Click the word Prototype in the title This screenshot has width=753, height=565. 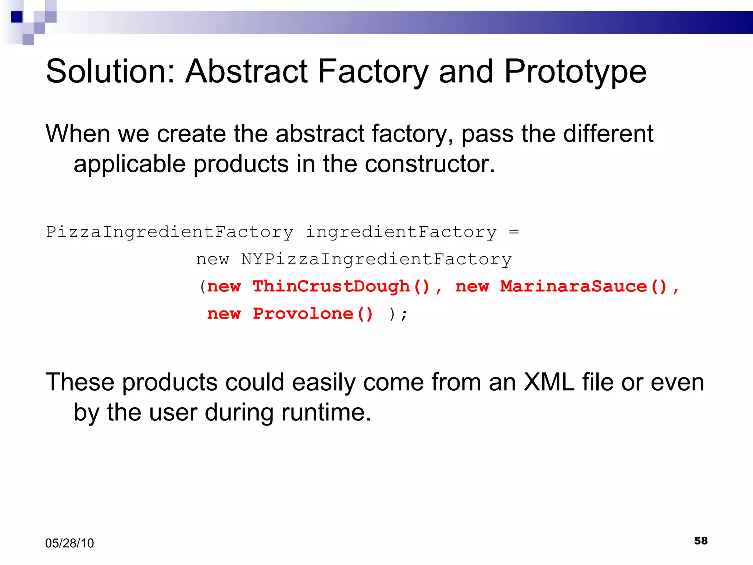575,72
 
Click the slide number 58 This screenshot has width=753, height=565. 701,540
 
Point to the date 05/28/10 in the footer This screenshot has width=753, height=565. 69,543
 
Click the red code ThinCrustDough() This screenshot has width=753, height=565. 341,286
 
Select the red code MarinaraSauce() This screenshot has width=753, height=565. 583,286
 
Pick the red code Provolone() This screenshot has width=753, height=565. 313,313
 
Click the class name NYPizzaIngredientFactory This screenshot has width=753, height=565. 376,259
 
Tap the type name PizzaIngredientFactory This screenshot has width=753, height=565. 169,232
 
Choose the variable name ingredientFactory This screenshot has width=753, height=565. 401,232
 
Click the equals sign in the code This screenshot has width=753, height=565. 514,232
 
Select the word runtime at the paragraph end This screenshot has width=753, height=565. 326,412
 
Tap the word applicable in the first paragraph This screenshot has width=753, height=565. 129,164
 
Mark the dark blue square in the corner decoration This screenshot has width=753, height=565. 17,17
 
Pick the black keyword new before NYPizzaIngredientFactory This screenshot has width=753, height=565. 213,259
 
